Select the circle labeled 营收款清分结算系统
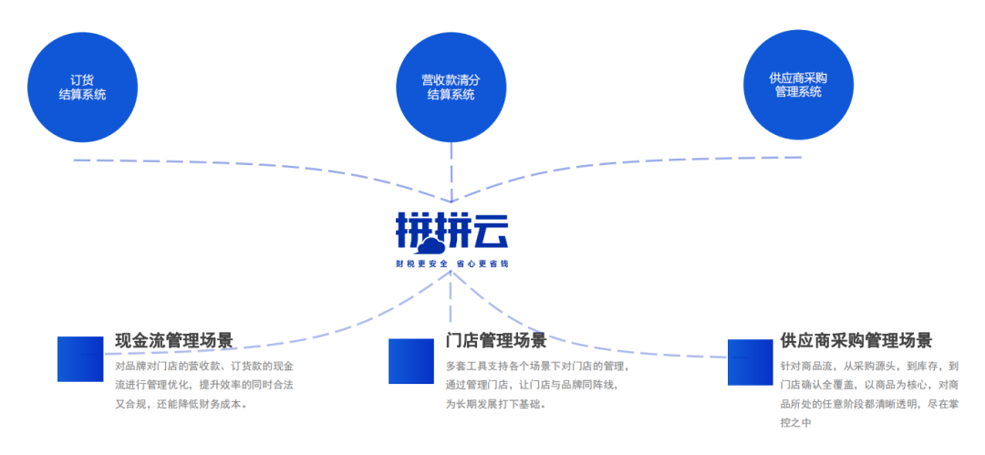point(451,87)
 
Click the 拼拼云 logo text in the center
point(451,232)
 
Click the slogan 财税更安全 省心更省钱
point(451,264)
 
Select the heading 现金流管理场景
point(174,340)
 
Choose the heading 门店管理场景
point(496,340)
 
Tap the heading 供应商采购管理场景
point(856,340)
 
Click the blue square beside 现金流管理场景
point(80,359)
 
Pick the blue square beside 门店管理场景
point(411,361)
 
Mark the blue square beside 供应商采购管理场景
point(750,362)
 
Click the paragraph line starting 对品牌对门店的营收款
point(204,366)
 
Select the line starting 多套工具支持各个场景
point(537,366)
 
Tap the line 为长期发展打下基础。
point(496,403)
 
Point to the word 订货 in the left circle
point(82,79)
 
